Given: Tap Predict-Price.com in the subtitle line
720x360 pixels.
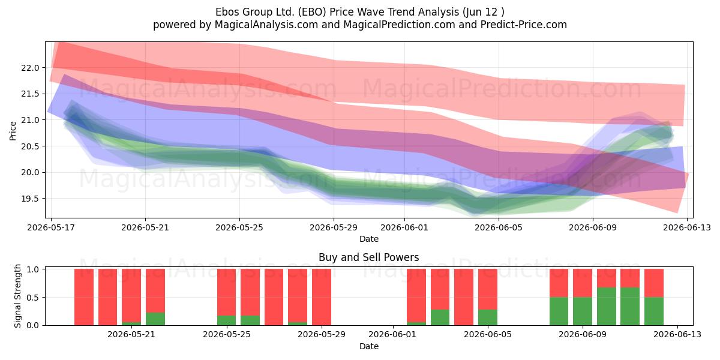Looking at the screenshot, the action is [x=524, y=25].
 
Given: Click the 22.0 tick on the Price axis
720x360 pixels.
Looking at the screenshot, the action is [x=30, y=68].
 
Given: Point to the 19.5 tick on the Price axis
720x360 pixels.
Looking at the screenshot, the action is [x=30, y=199].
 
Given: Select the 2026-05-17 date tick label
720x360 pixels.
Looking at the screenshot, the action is [x=51, y=227].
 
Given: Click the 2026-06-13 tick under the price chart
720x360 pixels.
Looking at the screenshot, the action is [x=687, y=227].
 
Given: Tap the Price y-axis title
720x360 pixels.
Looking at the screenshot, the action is [x=13, y=131].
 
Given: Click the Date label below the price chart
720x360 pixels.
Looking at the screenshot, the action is [x=368, y=239].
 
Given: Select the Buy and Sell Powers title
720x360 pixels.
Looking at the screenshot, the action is [x=368, y=257].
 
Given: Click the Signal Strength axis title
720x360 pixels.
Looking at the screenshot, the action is [x=17, y=296].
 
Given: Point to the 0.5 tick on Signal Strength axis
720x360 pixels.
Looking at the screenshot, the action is [x=32, y=298].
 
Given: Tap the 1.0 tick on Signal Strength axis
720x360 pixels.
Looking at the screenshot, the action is [x=32, y=269].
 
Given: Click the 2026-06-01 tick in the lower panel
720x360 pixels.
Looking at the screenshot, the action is [x=392, y=334].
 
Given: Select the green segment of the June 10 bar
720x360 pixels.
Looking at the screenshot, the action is [x=607, y=307].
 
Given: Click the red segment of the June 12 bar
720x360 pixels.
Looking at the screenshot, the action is [x=654, y=283].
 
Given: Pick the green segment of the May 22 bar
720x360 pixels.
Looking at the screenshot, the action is [x=155, y=319].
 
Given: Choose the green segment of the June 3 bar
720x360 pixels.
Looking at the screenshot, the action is [x=440, y=317].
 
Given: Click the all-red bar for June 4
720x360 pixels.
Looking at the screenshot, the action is [x=464, y=297].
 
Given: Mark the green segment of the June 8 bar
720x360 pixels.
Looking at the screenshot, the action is [x=559, y=311].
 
